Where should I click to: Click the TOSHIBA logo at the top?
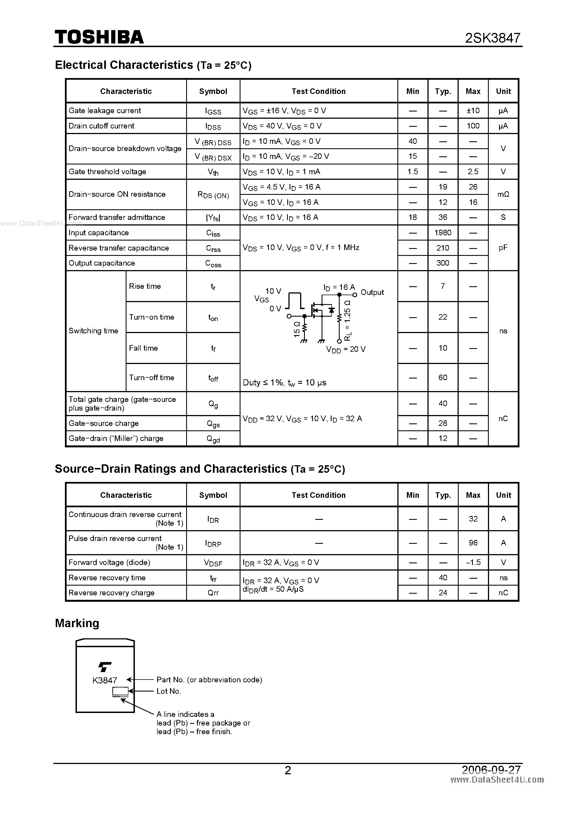(x=99, y=37)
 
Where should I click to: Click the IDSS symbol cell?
(x=213, y=126)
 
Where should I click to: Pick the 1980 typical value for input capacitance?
(x=443, y=233)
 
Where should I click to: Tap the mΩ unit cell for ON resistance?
(x=503, y=195)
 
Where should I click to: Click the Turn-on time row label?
(x=152, y=317)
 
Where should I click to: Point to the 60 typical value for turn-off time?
(x=443, y=378)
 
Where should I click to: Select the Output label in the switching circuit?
(x=372, y=292)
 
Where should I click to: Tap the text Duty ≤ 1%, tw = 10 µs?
(x=284, y=383)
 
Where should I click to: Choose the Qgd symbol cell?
(x=213, y=439)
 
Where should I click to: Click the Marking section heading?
(x=77, y=623)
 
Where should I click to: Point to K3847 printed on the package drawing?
(x=105, y=680)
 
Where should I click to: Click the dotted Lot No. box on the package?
(x=120, y=691)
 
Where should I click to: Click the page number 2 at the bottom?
(x=288, y=770)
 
